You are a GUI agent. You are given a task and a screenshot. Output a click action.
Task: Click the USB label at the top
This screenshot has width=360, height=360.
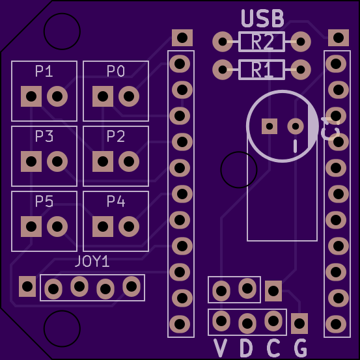262,18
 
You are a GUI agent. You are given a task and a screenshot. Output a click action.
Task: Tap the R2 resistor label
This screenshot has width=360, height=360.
262,42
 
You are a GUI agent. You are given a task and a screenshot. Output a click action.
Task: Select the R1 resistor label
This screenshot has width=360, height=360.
262,69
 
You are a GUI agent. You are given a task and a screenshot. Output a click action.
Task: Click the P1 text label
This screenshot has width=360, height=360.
44,72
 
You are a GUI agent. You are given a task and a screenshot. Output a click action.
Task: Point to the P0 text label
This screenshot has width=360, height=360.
116,72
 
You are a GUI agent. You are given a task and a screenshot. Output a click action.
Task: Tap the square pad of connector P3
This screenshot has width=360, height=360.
31,161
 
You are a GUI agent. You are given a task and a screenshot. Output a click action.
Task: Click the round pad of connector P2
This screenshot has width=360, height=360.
129,161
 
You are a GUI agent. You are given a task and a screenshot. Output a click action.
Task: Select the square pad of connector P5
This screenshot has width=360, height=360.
31,226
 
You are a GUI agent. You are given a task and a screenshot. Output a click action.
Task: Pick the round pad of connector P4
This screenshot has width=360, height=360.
129,226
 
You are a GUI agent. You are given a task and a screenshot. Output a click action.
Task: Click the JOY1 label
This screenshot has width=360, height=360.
92,262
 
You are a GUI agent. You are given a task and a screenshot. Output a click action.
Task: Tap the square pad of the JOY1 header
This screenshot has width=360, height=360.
27,286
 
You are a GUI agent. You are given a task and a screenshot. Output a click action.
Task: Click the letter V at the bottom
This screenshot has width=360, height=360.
221,348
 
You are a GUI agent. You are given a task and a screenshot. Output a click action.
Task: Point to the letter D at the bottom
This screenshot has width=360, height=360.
246,348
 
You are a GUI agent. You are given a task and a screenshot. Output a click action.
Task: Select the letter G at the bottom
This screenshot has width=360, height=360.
300,348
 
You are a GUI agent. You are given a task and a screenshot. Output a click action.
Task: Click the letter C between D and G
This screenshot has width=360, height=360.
273,348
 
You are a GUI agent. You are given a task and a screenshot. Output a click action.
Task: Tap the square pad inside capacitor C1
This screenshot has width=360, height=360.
270,126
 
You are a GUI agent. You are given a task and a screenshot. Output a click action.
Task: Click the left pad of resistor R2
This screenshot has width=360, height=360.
223,42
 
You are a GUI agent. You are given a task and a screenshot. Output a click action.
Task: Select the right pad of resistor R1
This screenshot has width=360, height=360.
301,68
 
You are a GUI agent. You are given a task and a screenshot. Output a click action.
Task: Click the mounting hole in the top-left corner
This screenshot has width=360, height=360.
62,31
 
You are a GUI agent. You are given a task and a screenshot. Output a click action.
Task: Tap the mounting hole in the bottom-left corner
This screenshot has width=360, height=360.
62,329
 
